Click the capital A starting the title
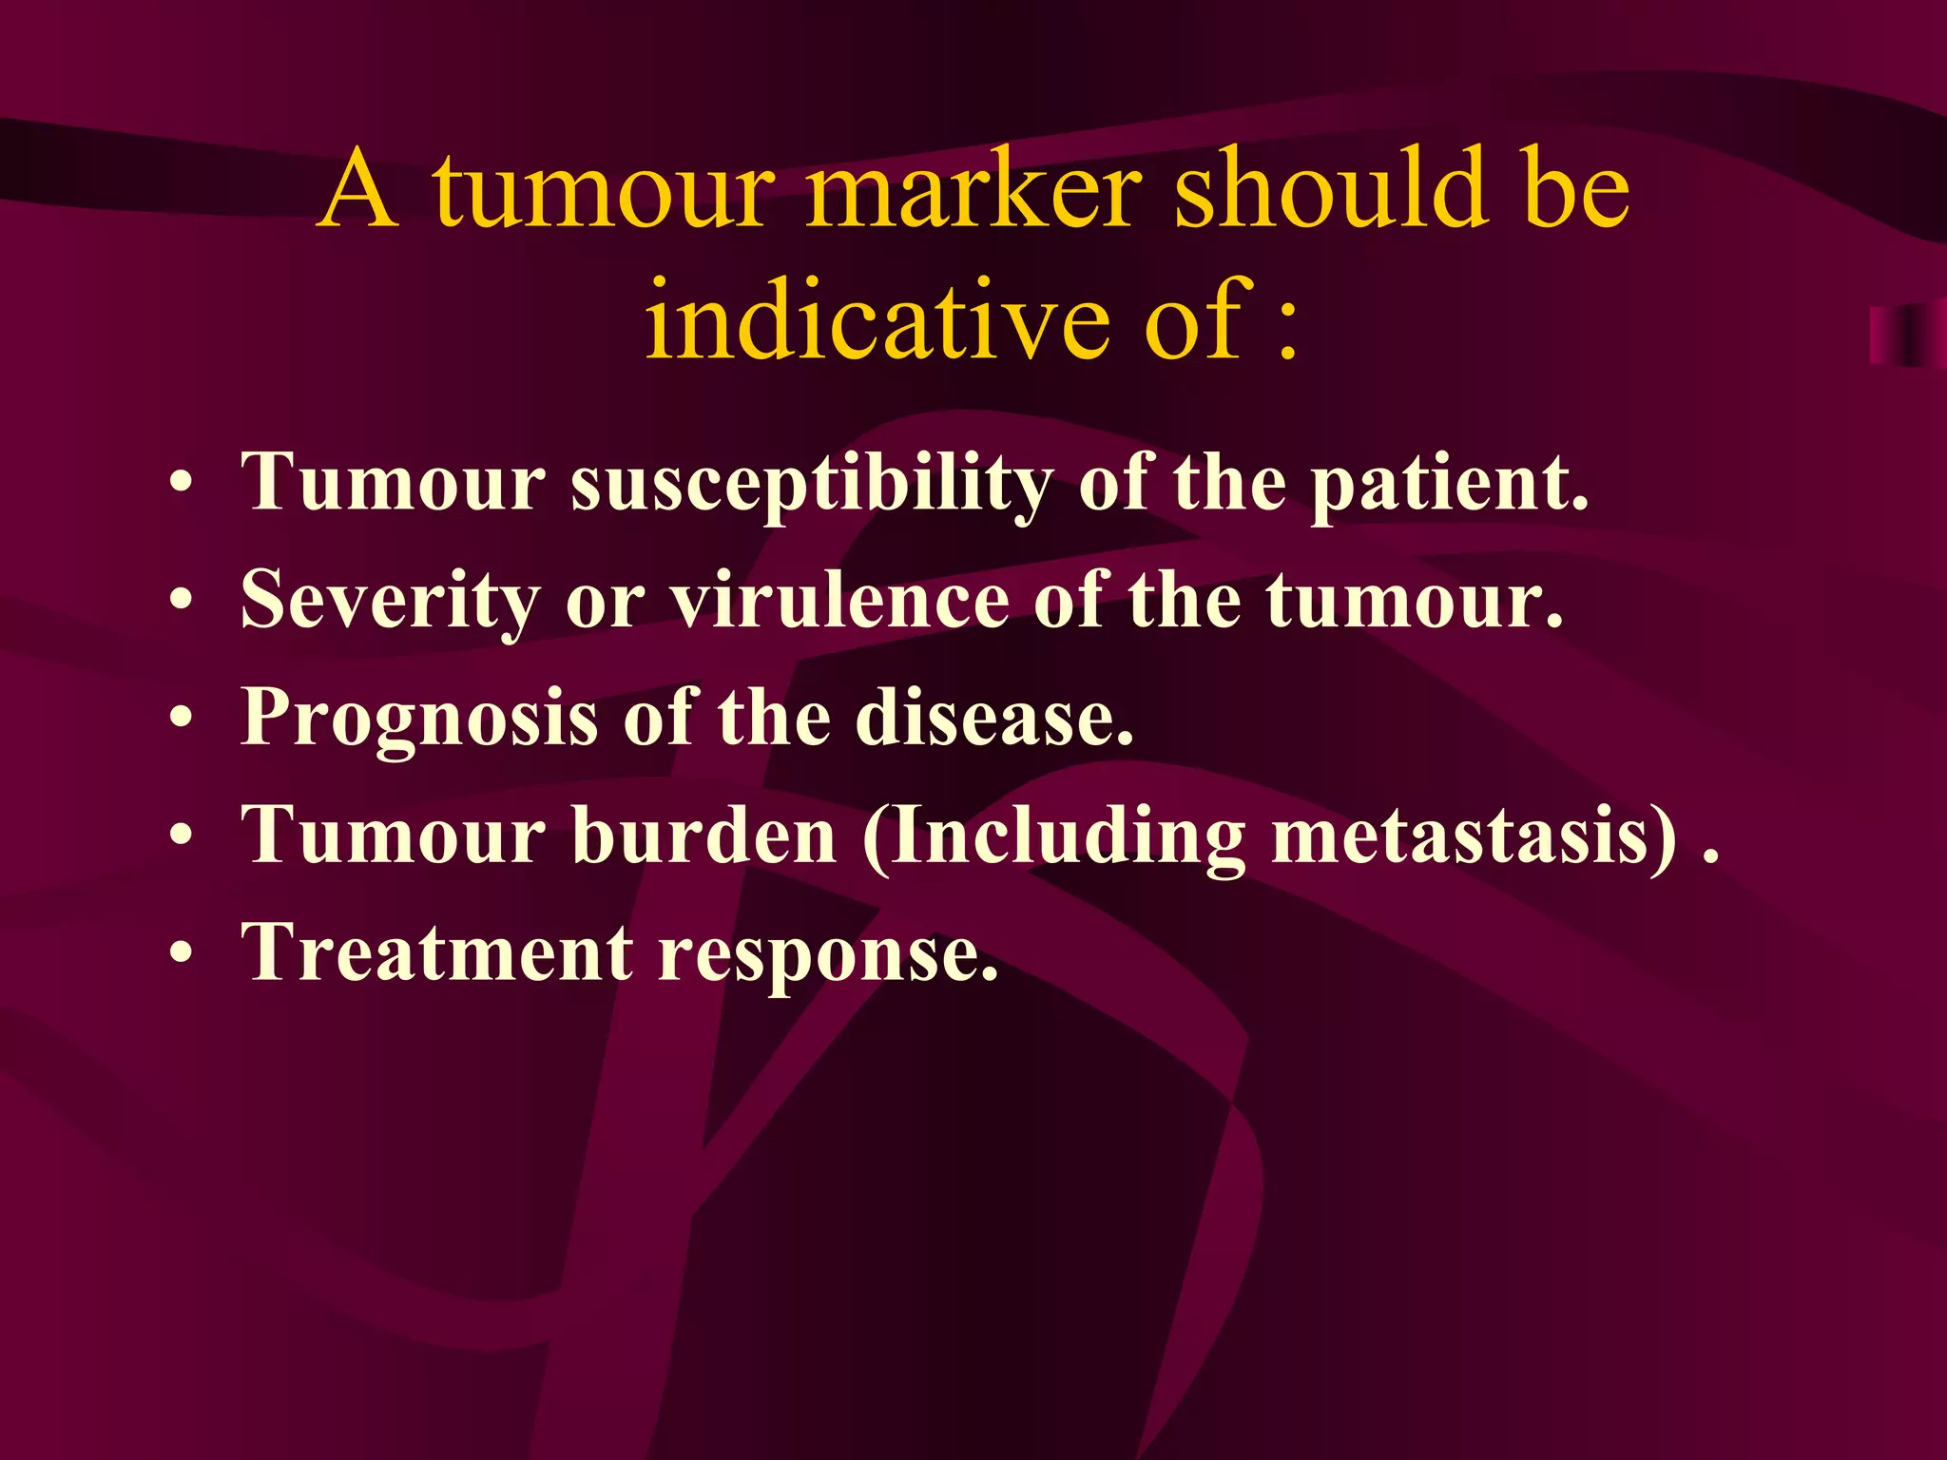357,190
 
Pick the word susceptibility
811,483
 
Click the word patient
1449,483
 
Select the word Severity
390,601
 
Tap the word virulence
839,601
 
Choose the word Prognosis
419,719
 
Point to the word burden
704,835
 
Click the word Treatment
436,952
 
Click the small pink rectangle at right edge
1907,335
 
